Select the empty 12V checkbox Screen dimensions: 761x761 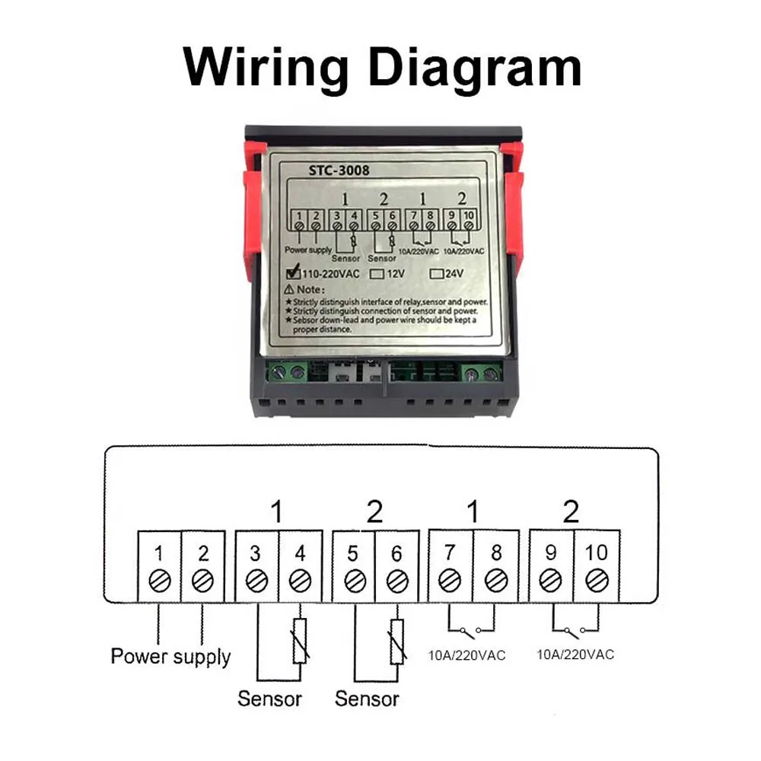click(x=376, y=272)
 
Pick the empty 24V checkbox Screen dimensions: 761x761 click(x=437, y=272)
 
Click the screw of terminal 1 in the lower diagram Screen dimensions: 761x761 click(x=159, y=581)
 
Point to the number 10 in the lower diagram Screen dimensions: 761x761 click(x=597, y=552)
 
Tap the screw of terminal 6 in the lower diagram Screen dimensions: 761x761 click(x=396, y=581)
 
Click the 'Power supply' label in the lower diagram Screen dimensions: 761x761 click(x=170, y=656)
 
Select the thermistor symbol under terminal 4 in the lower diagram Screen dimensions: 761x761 click(x=301, y=640)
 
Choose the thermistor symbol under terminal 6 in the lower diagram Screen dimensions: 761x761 click(x=396, y=640)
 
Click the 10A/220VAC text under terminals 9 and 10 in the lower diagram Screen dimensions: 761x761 click(x=575, y=654)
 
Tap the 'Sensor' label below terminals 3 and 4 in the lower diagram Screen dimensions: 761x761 click(x=269, y=698)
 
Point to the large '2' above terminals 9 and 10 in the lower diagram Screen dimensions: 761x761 click(x=571, y=511)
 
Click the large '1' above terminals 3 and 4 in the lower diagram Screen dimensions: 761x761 click(x=277, y=511)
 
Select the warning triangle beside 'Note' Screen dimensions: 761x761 click(x=290, y=290)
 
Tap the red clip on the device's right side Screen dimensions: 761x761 click(x=514, y=221)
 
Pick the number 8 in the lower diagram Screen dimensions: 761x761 click(x=496, y=552)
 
